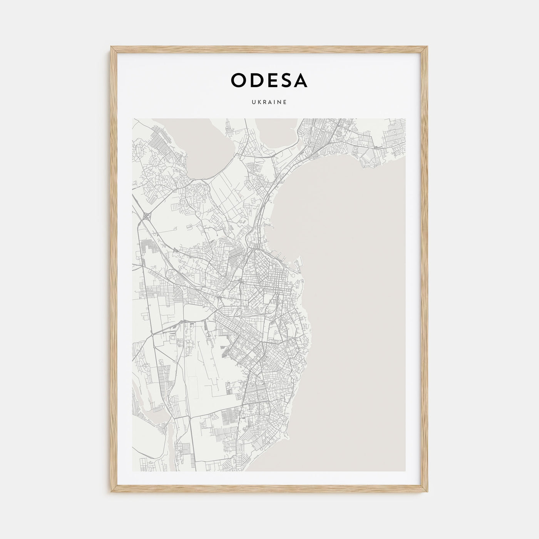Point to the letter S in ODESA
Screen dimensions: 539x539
[285, 80]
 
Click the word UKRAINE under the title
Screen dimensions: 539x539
[269, 102]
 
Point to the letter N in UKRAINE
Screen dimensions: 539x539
[280, 102]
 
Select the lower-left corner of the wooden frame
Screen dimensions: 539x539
[111, 494]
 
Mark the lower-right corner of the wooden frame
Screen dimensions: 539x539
[428, 494]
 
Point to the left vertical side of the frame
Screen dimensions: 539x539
[113, 269]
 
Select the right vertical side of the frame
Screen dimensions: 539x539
[426, 269]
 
